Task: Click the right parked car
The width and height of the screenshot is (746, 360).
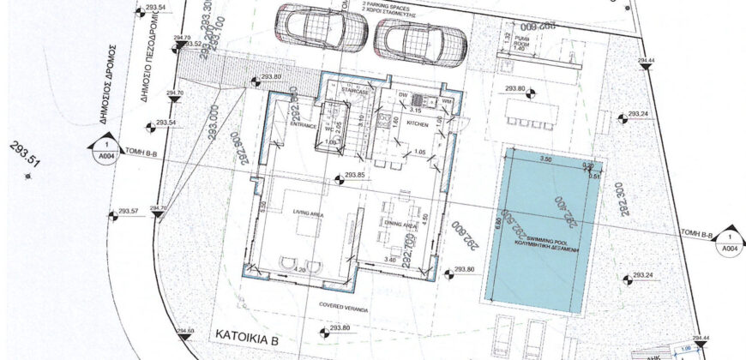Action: (x=420, y=39)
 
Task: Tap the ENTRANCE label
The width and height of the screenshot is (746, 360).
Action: (x=304, y=125)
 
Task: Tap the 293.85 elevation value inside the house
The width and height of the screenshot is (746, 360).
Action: (x=354, y=176)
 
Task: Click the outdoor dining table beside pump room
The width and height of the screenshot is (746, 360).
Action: (x=532, y=109)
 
